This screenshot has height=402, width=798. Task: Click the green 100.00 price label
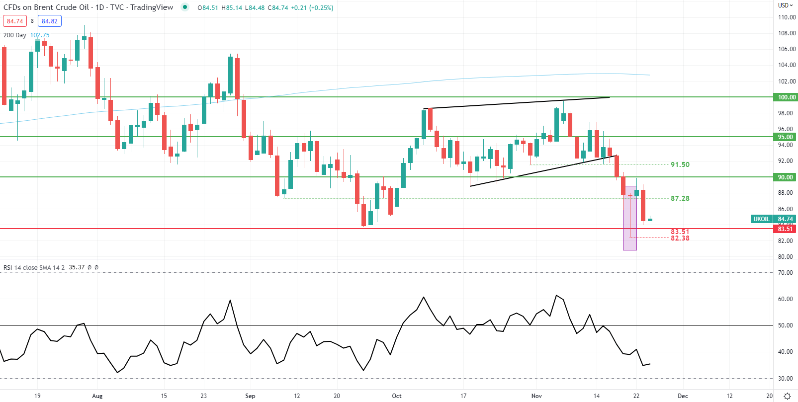(786, 97)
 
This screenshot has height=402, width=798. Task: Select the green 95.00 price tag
(786, 137)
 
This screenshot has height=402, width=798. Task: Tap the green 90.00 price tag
(786, 177)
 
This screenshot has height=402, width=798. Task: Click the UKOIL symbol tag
(761, 219)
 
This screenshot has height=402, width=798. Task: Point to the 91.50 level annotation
(680, 164)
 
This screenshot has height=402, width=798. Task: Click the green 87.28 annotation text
(680, 198)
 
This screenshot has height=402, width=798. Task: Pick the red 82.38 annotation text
(680, 239)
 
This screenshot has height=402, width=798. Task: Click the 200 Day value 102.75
(40, 35)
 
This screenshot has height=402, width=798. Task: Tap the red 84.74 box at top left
(15, 21)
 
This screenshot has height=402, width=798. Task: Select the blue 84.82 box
(50, 21)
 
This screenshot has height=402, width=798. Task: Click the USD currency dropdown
(785, 5)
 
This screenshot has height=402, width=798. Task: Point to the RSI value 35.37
(77, 267)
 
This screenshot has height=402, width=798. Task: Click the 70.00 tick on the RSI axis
(785, 273)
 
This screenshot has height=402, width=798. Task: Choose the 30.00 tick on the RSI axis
(785, 379)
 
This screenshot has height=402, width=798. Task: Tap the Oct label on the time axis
(396, 396)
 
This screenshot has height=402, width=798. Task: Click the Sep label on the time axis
(250, 396)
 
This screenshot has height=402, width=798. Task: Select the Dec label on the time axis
(683, 396)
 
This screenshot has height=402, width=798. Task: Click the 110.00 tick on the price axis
(787, 17)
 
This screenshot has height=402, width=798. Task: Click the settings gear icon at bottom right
(787, 396)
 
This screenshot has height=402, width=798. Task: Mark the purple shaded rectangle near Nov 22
(630, 219)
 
